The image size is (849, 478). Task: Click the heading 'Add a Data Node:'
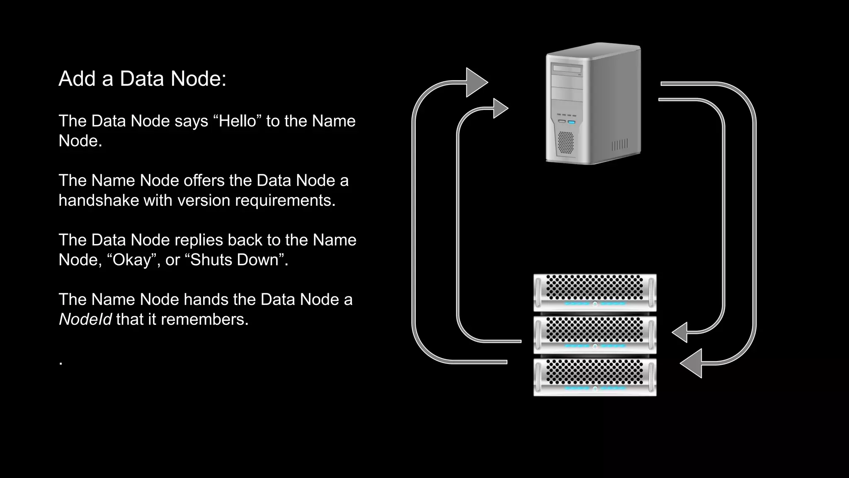(x=142, y=78)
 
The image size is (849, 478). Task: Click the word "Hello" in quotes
(x=238, y=121)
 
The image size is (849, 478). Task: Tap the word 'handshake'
(x=99, y=200)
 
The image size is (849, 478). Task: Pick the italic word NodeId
(x=85, y=319)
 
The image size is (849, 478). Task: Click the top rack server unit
(x=594, y=292)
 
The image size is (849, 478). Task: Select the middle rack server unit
(x=594, y=334)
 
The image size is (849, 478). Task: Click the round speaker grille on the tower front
(x=565, y=142)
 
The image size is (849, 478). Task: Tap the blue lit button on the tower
(x=572, y=122)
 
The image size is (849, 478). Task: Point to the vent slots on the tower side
(x=620, y=144)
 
